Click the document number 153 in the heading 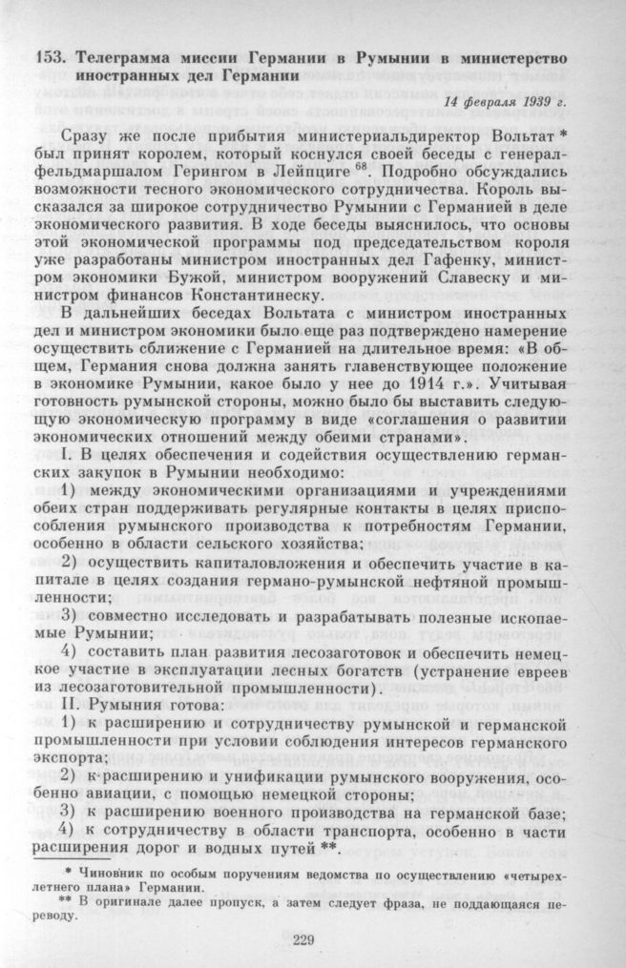click(47, 57)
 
